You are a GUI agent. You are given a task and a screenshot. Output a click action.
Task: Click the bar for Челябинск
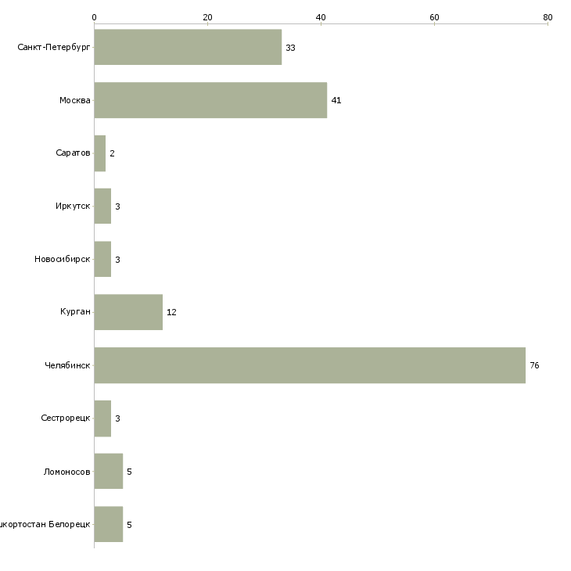[310, 365]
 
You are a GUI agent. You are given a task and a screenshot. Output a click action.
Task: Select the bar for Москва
[210, 100]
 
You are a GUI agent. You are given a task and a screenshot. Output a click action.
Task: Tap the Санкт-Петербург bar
[188, 48]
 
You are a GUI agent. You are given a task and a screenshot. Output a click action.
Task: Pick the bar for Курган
[128, 312]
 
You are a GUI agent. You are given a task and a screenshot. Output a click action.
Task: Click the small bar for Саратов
[99, 153]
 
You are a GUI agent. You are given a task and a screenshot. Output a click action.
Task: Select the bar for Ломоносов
[108, 472]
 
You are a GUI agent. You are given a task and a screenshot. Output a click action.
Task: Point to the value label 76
[534, 365]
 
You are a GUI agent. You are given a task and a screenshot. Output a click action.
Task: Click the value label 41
[336, 100]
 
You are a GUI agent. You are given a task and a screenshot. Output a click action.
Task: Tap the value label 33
[290, 48]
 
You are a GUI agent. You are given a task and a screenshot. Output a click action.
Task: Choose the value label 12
[171, 312]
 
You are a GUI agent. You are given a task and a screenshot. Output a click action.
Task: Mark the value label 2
[112, 153]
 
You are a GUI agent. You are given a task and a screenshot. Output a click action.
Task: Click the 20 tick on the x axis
[207, 17]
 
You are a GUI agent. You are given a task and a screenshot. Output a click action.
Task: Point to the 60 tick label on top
[434, 17]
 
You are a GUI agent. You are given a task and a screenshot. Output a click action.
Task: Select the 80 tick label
[548, 17]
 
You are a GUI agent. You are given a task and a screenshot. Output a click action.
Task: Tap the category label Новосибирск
[62, 260]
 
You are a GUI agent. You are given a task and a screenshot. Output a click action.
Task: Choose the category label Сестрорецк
[66, 418]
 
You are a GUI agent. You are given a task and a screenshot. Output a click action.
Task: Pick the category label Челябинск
[67, 365]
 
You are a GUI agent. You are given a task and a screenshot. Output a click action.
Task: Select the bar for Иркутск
[102, 206]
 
